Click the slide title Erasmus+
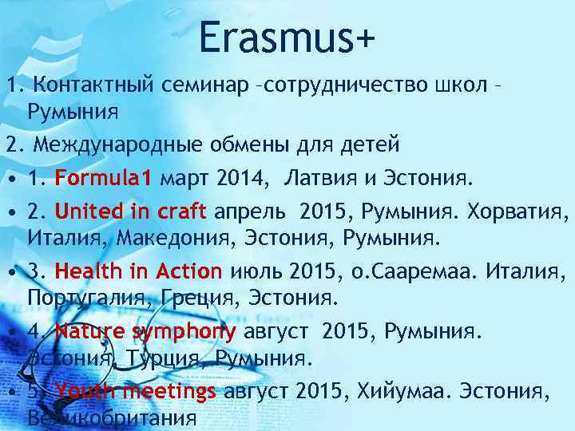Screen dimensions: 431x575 (287, 38)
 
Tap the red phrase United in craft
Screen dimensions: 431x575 (130, 212)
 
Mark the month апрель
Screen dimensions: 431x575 (248, 212)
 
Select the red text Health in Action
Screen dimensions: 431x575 (138, 271)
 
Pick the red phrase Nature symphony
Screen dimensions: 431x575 (145, 331)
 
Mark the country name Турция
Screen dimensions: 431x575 (165, 357)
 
